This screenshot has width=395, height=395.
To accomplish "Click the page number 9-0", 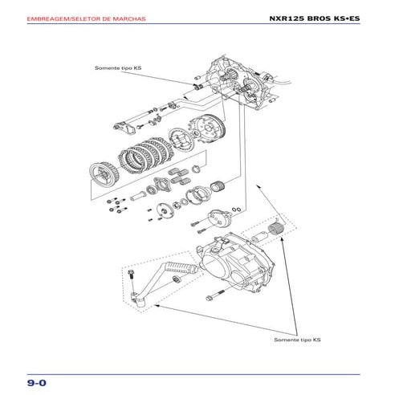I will coord(36,381).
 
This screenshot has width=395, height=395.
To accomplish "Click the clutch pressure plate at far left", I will coord(104,172).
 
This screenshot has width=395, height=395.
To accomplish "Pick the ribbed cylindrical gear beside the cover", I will coord(277,234).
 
